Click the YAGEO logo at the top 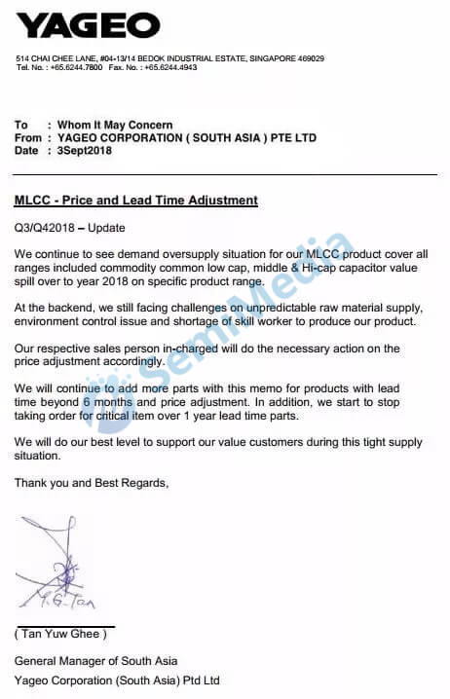click(x=88, y=25)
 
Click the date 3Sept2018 click(x=87, y=151)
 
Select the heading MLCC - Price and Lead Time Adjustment click(x=136, y=201)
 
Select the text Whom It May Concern click(x=115, y=125)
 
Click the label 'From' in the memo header click(x=28, y=138)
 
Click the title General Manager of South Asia click(x=95, y=661)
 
